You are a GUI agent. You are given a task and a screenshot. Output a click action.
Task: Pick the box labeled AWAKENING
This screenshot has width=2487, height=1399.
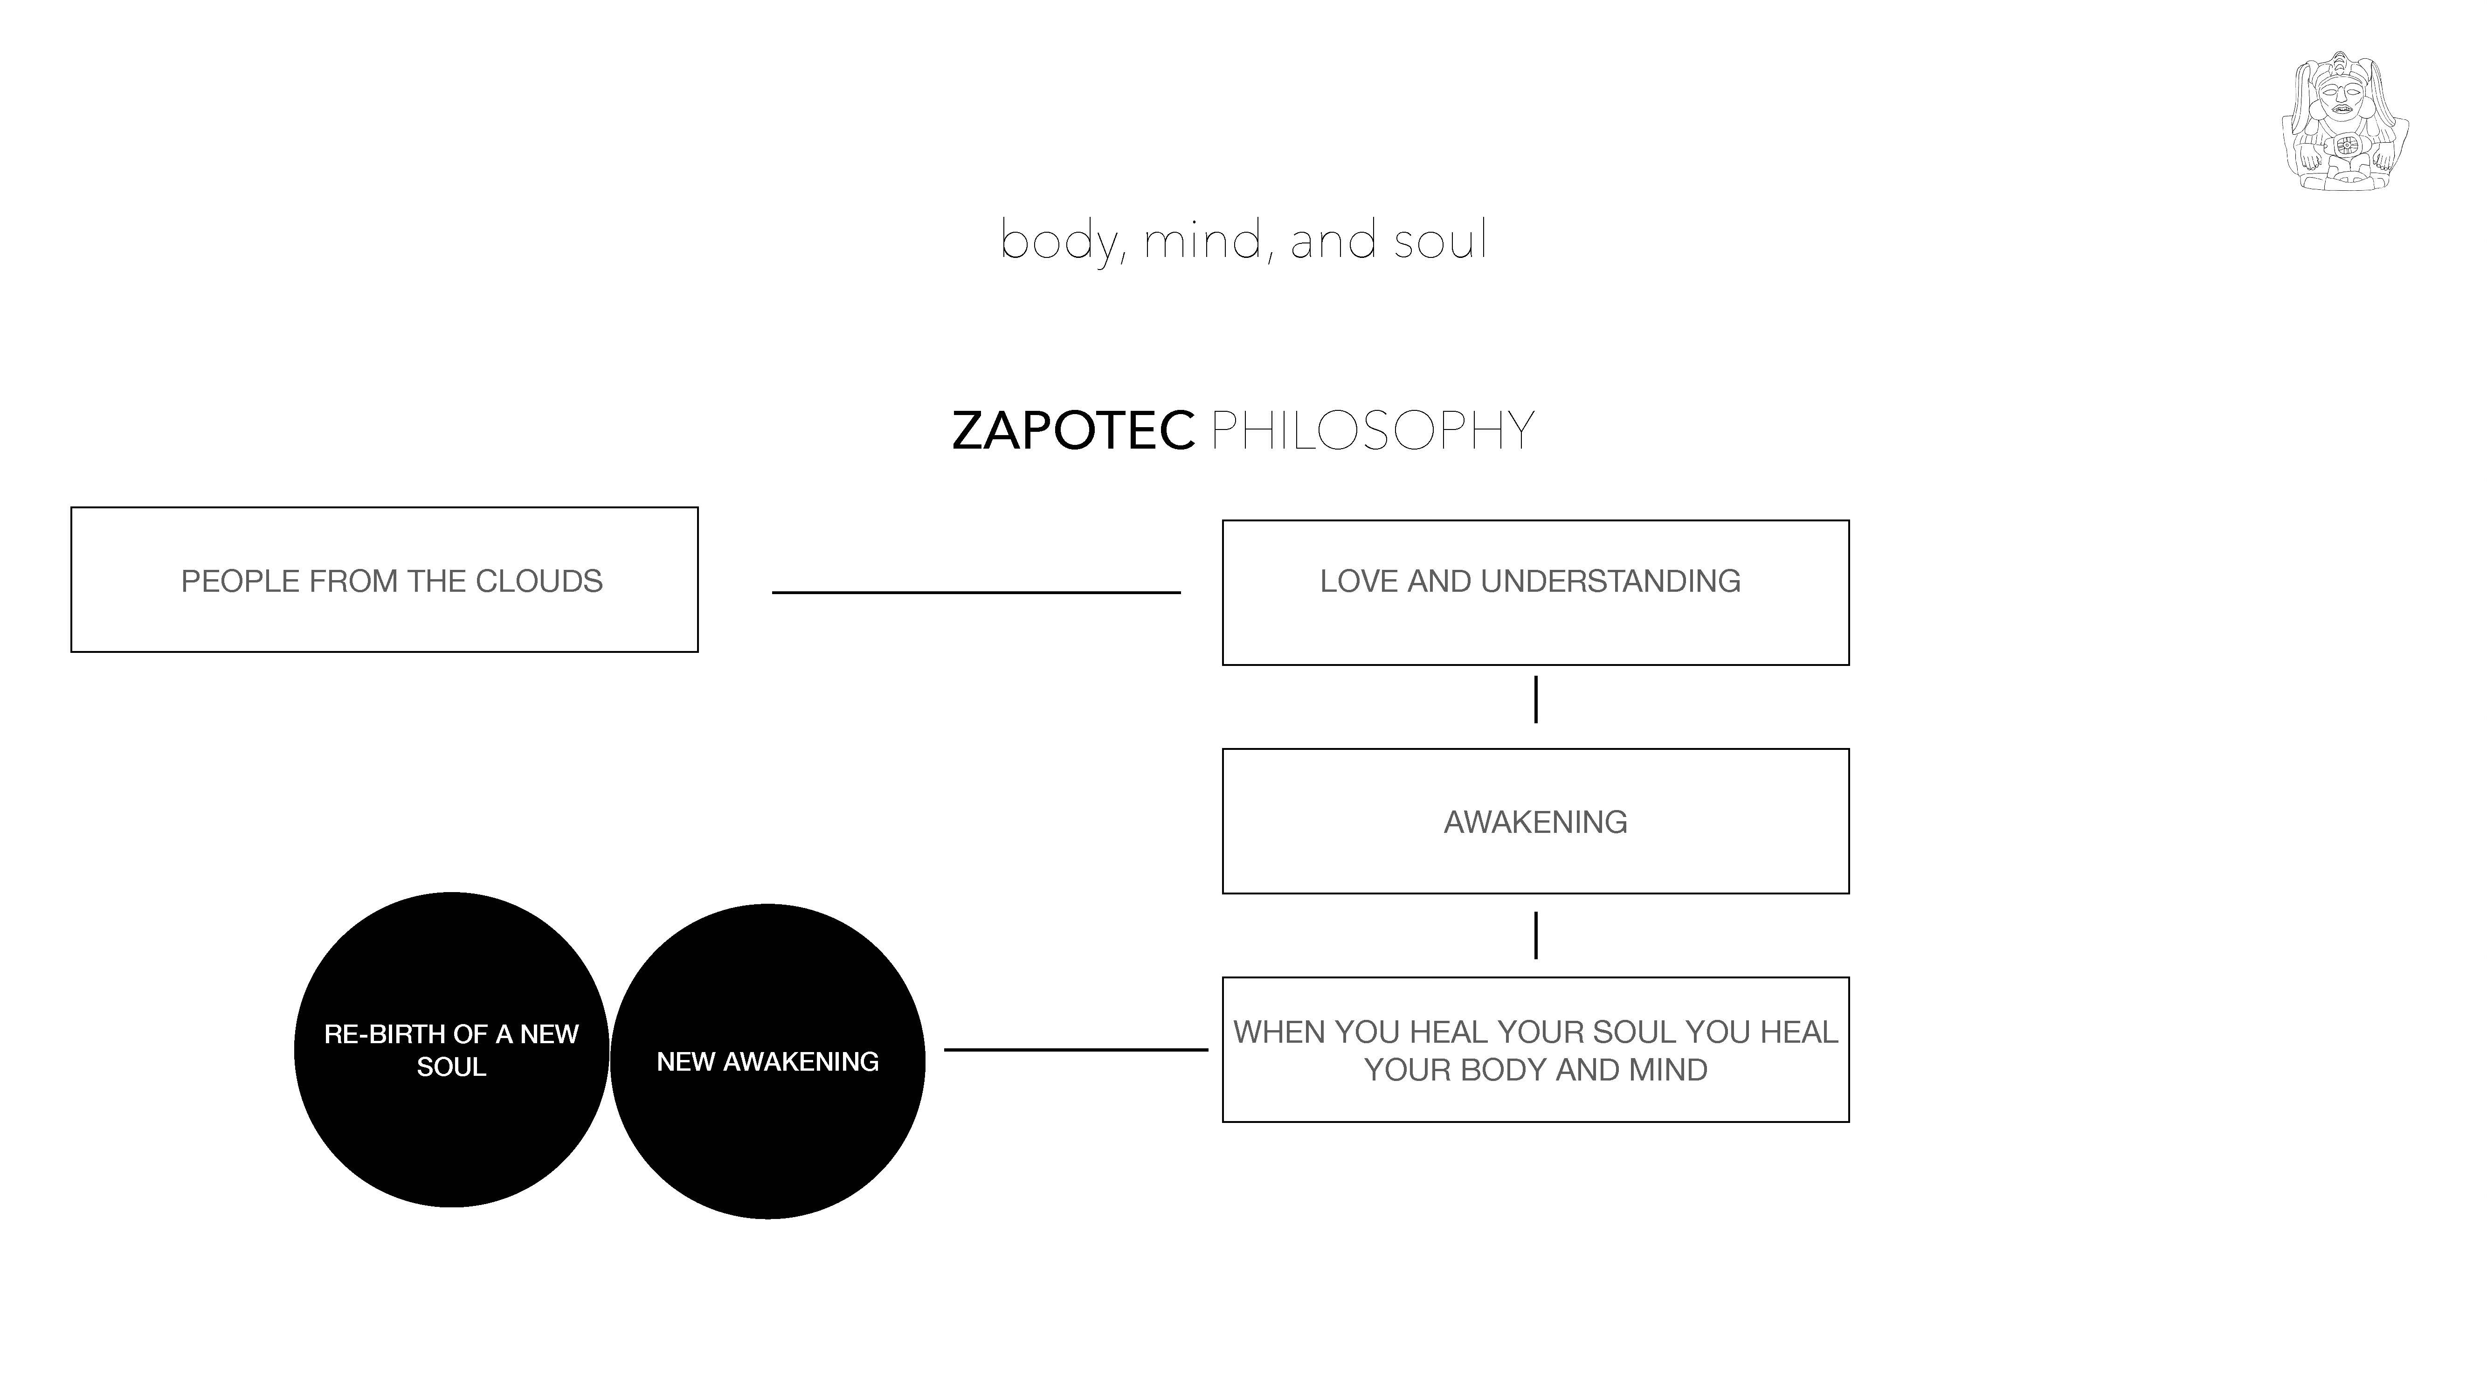pyautogui.click(x=1535, y=822)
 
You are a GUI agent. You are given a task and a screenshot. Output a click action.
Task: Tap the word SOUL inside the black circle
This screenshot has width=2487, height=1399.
pyautogui.click(x=451, y=1067)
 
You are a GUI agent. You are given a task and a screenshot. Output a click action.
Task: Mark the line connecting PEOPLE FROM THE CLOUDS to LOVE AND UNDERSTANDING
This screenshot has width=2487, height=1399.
pyautogui.click(x=976, y=592)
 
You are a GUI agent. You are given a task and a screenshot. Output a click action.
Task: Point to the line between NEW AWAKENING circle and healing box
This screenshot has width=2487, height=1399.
pyautogui.click(x=1076, y=1050)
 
